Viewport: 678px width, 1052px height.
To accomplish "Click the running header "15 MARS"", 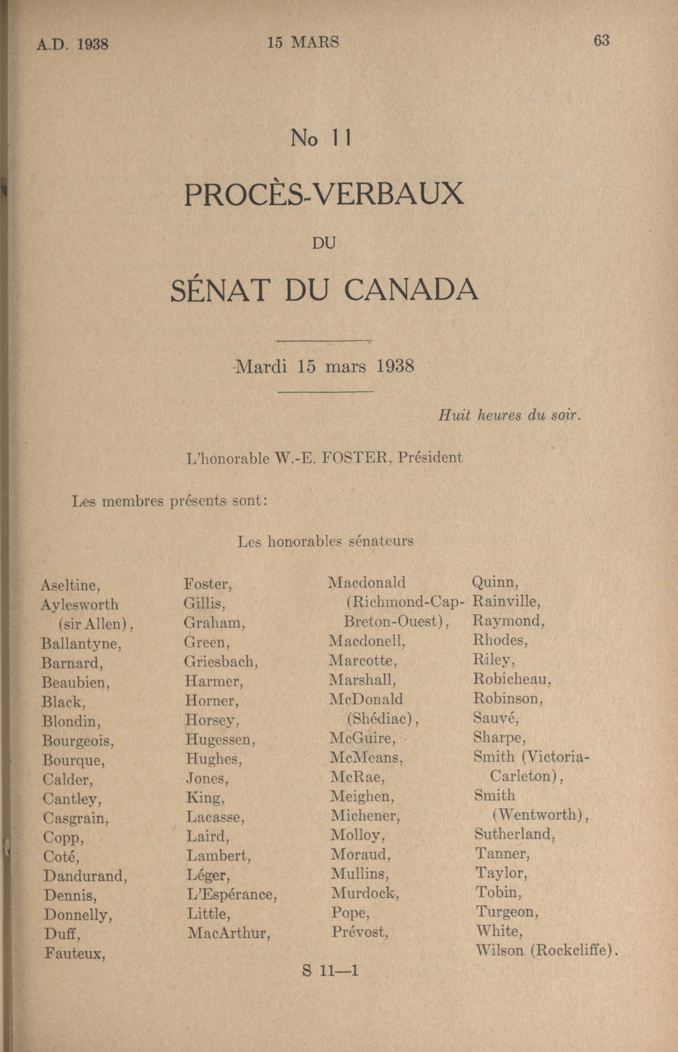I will click(x=303, y=42).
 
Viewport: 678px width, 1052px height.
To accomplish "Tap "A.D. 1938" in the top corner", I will click(x=72, y=44).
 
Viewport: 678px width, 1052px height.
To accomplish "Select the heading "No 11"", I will click(x=320, y=139).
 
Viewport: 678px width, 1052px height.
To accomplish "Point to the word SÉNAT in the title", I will click(x=219, y=290).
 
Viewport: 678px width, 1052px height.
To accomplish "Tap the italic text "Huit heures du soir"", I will click(x=509, y=415).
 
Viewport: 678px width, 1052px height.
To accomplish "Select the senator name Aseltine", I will click(x=70, y=585).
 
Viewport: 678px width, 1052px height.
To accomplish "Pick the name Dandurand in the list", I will click(x=85, y=864).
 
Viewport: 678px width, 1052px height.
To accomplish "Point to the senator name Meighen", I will click(x=362, y=796).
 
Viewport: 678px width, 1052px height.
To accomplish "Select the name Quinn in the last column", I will click(x=495, y=582).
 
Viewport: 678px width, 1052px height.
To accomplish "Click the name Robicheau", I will click(x=512, y=679).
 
